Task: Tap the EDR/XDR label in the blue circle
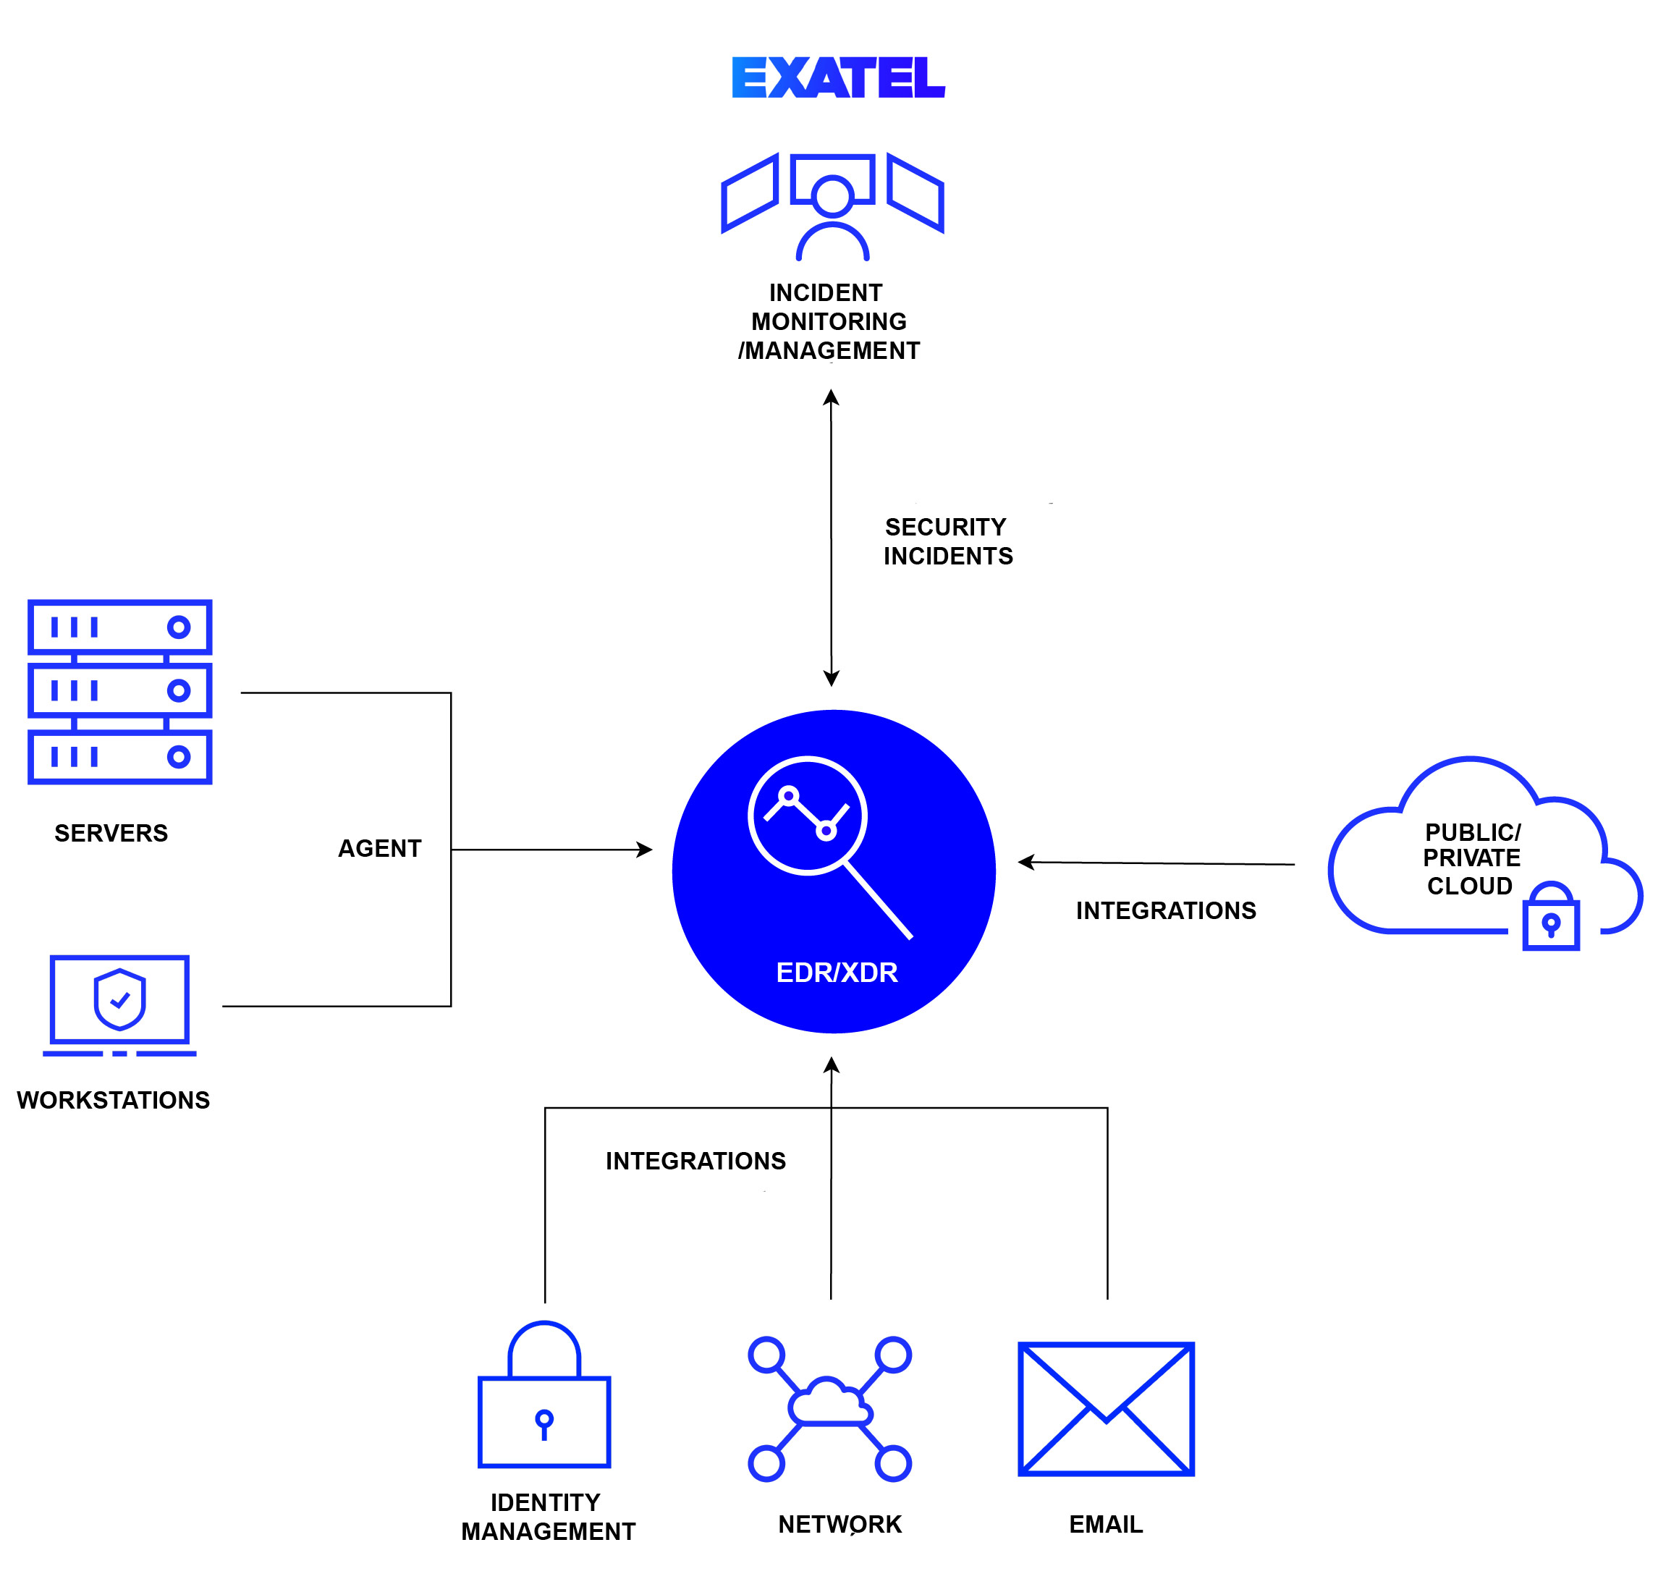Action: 836,973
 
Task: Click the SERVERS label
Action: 111,834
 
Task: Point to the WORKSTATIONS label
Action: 113,1100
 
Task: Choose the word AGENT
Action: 379,849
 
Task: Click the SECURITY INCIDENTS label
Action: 947,541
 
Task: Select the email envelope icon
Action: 1106,1408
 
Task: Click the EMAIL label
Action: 1106,1524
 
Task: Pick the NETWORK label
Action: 839,1524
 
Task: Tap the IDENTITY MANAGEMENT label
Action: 547,1517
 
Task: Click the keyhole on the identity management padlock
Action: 544,1423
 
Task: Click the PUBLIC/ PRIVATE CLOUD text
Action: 1471,859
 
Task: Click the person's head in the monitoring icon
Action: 833,196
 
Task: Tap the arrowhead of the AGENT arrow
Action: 646,850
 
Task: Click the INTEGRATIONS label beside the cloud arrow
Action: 1165,910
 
